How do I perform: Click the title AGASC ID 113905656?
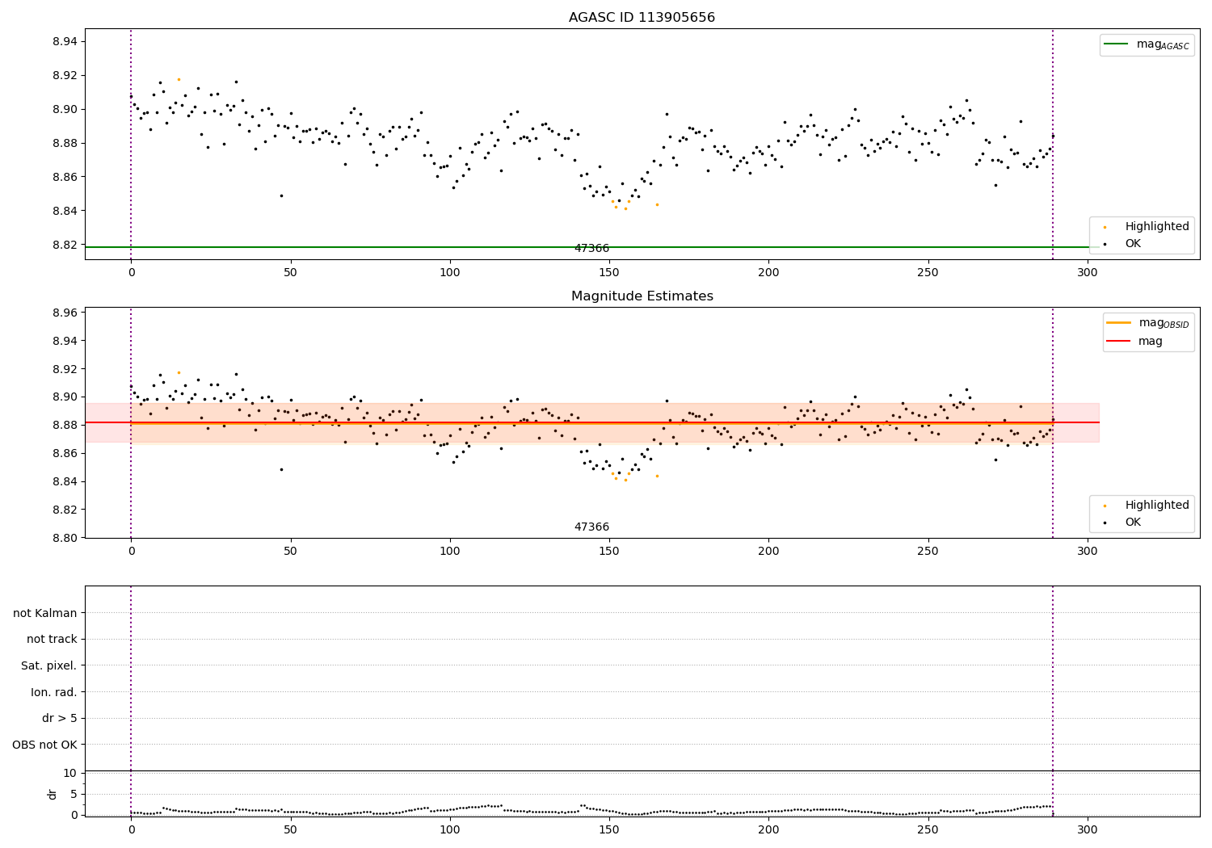pos(642,18)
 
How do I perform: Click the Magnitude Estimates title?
pos(642,296)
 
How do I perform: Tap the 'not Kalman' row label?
pos(44,613)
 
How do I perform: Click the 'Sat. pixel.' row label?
pos(48,665)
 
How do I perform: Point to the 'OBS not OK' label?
pos(44,745)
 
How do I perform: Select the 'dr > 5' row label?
pos(59,718)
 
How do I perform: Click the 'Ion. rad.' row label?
pos(53,692)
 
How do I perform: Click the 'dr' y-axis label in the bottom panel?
pos(53,794)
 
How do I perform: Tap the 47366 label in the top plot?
pos(591,249)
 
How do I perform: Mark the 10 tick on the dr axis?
pos(69,773)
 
